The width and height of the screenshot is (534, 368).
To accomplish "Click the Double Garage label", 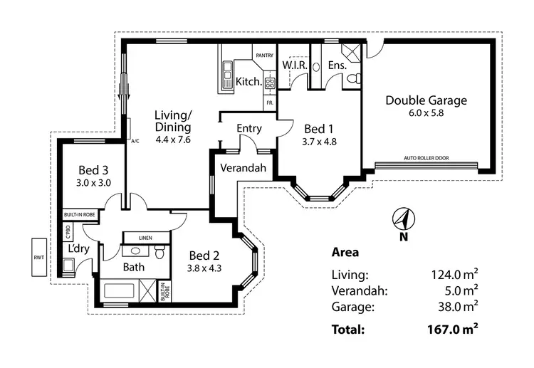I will coord(426,100).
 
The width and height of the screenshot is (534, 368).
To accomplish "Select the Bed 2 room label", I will coord(204,256).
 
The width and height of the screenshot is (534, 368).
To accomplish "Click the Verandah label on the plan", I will coord(243,169).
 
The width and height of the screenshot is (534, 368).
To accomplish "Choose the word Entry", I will coord(249,129).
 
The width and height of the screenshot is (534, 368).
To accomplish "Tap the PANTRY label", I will coord(266,54).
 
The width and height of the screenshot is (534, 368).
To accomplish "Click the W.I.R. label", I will coord(294,65).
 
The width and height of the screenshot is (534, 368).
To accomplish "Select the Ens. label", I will coord(337,65).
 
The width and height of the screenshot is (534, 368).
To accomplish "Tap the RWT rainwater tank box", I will coord(38,257).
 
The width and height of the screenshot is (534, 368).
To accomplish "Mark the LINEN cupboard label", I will coord(145,237).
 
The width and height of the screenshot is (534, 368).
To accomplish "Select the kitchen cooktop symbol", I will coord(270,83).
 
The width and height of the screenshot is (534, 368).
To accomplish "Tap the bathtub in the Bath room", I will coord(121,291).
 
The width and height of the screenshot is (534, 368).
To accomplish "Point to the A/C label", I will coord(135,141).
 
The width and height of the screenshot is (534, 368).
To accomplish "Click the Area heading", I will coord(345,252).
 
